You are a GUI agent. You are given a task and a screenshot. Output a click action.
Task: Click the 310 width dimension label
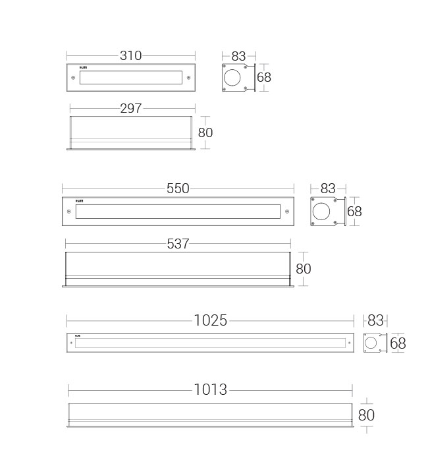coord(130,56)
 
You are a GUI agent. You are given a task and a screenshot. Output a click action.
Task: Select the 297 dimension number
coord(130,109)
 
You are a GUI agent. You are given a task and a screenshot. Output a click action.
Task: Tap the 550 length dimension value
coord(178,189)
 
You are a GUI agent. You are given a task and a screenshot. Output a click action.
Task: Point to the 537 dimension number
coord(178,244)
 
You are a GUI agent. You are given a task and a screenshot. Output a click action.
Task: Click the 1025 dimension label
coord(211,321)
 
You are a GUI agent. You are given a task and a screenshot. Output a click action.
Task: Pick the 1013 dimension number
coord(211,390)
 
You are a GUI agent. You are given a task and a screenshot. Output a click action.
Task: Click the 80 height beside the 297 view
coord(205,132)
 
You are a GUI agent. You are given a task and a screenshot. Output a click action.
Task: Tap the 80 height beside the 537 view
coord(303,269)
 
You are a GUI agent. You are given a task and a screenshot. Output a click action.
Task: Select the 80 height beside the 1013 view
coord(366,415)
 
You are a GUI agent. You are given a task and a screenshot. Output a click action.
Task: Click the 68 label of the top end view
coord(264,77)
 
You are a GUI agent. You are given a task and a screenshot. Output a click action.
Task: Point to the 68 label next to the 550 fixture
coord(354,212)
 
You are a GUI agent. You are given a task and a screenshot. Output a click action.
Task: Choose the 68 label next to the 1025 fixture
coord(398,343)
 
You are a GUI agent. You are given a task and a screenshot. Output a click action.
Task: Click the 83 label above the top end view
coord(238,57)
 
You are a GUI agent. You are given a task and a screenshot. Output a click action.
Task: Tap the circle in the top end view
coord(232,78)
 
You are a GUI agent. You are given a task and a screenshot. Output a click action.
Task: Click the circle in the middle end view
coord(322,212)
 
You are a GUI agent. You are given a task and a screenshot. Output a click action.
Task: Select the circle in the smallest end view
coord(371,343)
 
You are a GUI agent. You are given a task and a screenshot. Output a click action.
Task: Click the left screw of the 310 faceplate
coord(72,78)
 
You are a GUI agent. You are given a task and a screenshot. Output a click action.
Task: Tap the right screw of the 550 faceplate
coord(286,212)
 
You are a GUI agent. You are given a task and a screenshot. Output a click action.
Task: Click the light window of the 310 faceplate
coord(130,78)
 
